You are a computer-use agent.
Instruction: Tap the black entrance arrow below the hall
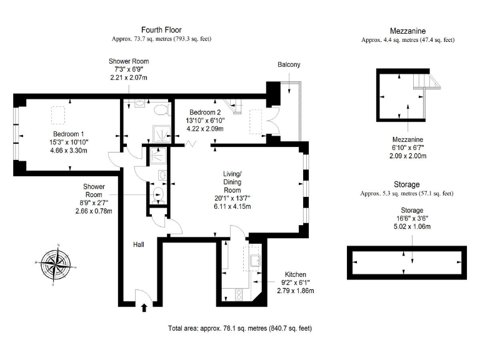145,307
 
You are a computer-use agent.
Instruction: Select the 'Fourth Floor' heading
161,29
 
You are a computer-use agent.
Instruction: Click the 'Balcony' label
289,65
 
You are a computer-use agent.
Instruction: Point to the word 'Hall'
139,244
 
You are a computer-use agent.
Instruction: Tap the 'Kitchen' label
296,275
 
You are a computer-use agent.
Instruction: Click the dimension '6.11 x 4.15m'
232,207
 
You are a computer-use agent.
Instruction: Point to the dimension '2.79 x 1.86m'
296,291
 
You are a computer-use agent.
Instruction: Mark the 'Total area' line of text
240,328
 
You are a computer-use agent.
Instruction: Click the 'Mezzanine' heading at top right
407,31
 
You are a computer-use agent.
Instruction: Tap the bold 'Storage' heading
407,185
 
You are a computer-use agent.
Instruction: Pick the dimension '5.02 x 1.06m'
407,227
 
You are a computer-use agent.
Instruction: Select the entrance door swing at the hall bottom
142,292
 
